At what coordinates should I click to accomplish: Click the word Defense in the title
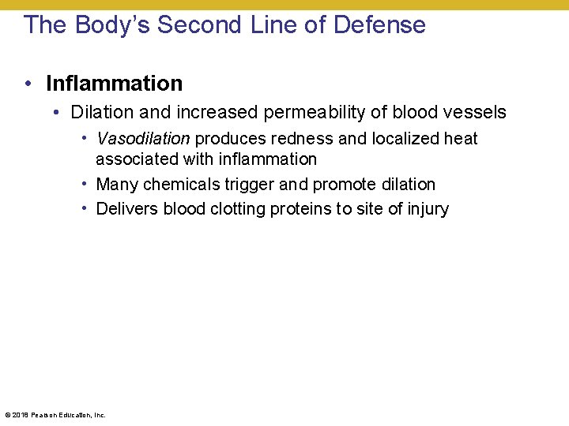tap(379, 24)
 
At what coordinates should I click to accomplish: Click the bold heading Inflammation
tap(114, 83)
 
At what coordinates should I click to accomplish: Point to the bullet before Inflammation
tap(28, 83)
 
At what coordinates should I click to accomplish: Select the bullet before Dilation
tap(55, 112)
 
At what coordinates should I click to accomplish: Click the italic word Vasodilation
tap(143, 139)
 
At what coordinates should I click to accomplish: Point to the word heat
tap(460, 139)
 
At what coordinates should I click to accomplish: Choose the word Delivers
tap(128, 209)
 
